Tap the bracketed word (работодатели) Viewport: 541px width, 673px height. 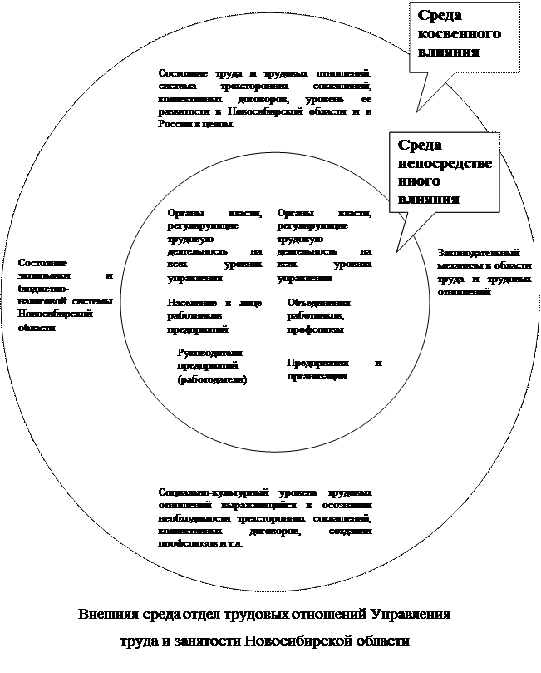(x=212, y=380)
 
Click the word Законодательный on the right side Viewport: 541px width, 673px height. (x=479, y=252)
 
